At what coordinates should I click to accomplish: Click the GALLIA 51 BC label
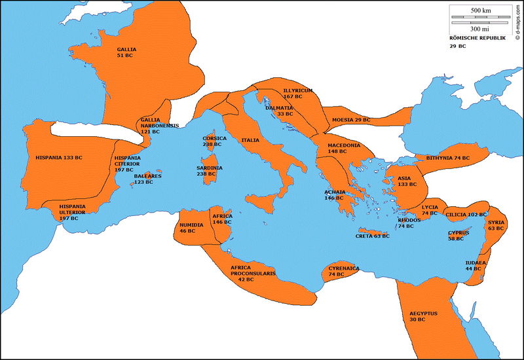tap(127, 53)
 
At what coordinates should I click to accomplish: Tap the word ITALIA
tap(250, 140)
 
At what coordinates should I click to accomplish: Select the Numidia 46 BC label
tap(191, 227)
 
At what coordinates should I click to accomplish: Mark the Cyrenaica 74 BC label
tap(344, 271)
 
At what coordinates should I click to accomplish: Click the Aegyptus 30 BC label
tap(423, 316)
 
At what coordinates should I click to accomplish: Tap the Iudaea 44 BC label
tap(476, 266)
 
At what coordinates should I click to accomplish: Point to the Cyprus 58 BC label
tap(458, 236)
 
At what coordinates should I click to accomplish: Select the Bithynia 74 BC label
tap(448, 158)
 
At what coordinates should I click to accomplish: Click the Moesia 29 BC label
tap(351, 120)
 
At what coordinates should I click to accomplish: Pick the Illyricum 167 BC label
tap(297, 93)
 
